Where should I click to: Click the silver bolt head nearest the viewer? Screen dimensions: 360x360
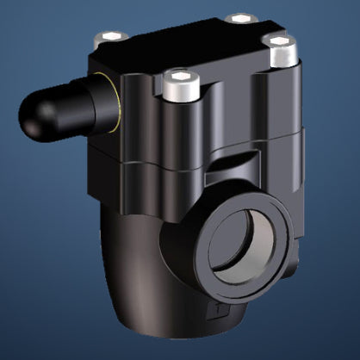(180, 85)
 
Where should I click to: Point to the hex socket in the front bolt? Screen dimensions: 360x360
(180, 78)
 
